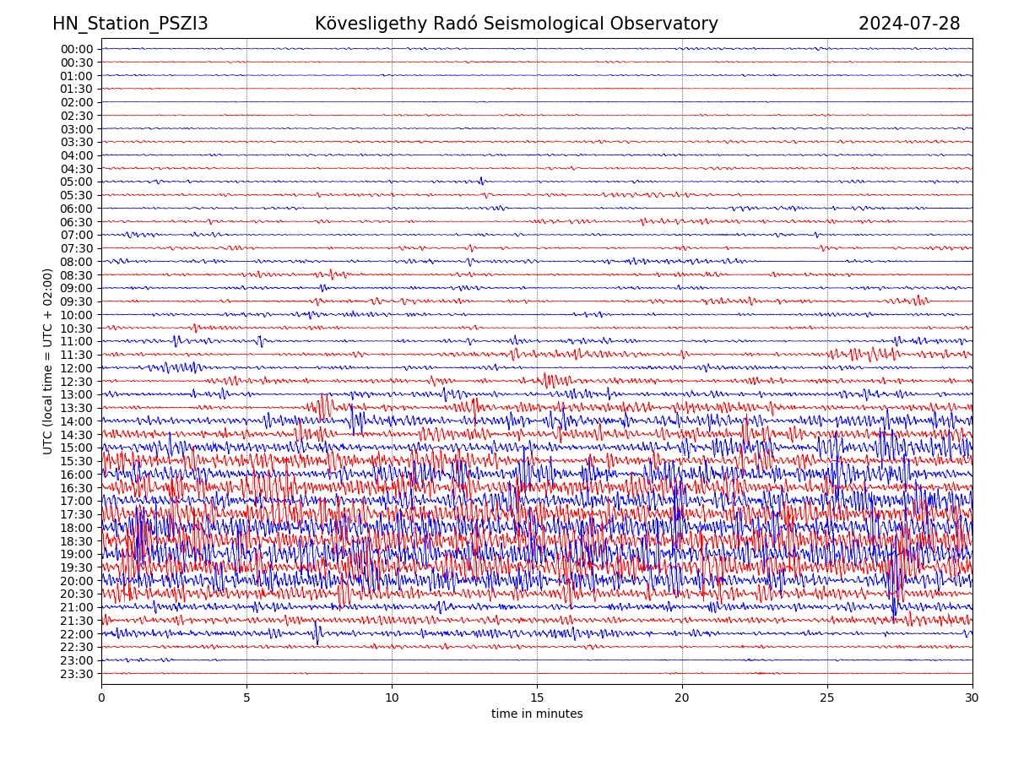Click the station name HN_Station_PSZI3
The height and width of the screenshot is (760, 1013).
[130, 24]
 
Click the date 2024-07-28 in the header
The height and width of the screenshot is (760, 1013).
[909, 24]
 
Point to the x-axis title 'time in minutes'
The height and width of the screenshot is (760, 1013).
[537, 714]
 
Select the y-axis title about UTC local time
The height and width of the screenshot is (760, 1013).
[48, 361]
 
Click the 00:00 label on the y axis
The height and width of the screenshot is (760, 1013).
[77, 49]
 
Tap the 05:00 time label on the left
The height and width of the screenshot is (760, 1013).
[77, 182]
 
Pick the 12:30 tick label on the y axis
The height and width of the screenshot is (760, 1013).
[77, 382]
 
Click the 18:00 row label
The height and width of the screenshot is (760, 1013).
[77, 528]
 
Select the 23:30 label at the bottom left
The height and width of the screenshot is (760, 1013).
[77, 674]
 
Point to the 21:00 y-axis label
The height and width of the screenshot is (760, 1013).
[77, 607]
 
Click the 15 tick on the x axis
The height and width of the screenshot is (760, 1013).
[537, 698]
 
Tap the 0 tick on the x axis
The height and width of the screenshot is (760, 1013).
[101, 698]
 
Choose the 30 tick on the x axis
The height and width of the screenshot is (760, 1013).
[972, 698]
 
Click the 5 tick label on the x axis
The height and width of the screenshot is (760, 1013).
[246, 698]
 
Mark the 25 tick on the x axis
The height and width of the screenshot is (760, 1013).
[827, 698]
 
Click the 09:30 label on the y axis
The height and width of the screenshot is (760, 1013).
[77, 301]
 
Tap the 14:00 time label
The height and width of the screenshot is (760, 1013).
[77, 421]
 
